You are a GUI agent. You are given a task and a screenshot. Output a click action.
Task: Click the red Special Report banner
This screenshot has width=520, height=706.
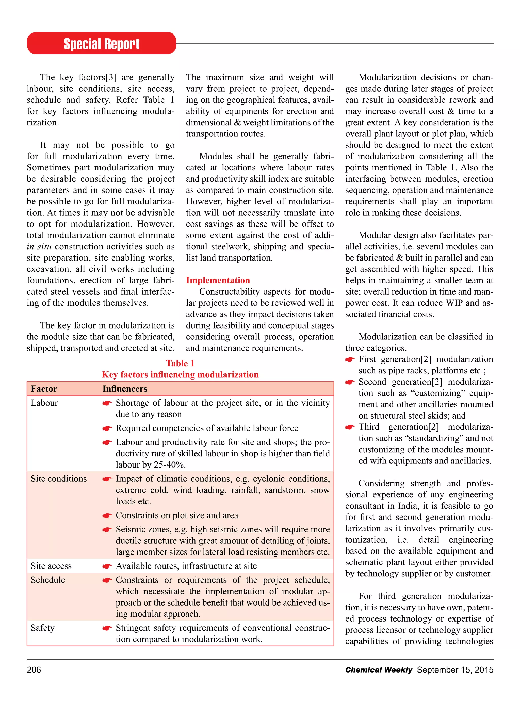(101, 43)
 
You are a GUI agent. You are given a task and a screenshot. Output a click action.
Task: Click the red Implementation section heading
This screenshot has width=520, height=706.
(218, 280)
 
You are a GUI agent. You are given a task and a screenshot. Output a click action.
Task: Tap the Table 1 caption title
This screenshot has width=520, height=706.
(180, 363)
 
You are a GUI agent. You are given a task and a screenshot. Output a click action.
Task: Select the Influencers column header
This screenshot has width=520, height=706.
(125, 389)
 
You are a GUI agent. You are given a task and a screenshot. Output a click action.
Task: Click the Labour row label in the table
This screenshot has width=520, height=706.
(44, 403)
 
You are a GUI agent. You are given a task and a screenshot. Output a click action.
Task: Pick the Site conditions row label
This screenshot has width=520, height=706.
(59, 479)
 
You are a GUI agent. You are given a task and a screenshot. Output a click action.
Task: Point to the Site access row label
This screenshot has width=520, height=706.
(51, 566)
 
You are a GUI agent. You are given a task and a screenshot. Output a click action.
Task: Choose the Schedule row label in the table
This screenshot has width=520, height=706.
(48, 580)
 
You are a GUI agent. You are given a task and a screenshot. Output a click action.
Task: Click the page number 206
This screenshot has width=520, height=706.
(34, 669)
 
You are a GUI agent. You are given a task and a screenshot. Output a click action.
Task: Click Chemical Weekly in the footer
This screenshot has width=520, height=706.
(378, 669)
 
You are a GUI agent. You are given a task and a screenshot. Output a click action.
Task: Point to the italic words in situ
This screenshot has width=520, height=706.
(39, 247)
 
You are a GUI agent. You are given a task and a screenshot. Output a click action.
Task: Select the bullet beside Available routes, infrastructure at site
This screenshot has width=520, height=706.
(107, 567)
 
